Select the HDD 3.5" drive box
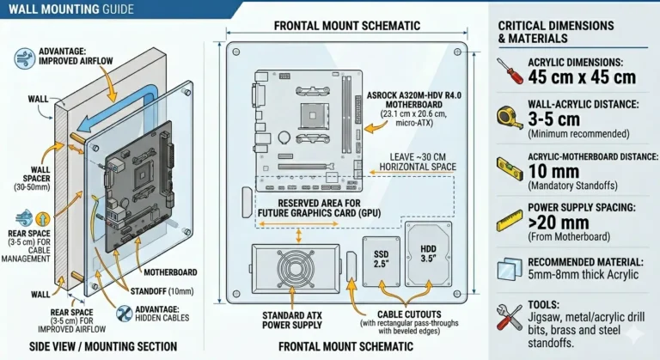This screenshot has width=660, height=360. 426,254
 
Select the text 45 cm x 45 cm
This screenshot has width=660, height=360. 582,76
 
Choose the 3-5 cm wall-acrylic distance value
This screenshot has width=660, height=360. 559,119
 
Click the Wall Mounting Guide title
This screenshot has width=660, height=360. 70,9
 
